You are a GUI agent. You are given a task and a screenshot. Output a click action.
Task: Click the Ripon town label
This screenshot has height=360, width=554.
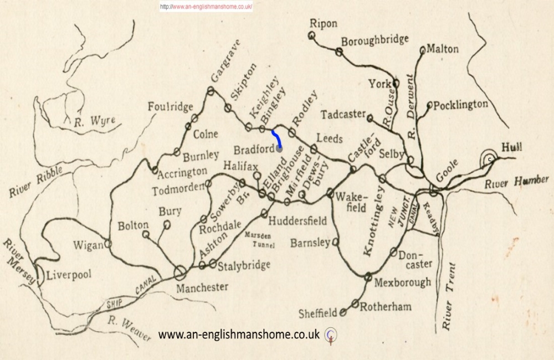click(324, 23)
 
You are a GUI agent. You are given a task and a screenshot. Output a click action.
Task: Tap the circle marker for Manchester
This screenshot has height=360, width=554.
click(179, 272)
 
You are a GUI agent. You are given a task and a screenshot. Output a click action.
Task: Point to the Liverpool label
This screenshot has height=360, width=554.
click(68, 275)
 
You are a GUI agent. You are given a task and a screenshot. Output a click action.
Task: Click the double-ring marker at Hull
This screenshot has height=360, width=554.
click(489, 159)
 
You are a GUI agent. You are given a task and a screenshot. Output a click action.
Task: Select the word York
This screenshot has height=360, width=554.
click(380, 84)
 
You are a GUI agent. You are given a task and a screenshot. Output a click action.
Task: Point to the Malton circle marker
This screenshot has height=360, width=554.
click(423, 50)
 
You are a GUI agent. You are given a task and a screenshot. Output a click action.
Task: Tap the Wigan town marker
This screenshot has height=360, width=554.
click(109, 243)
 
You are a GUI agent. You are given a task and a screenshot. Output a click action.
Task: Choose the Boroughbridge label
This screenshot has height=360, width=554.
click(375, 40)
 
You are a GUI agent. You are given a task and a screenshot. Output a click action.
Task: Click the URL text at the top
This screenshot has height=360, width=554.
click(206, 7)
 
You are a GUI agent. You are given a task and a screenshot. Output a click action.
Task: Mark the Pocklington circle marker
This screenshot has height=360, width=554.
click(429, 105)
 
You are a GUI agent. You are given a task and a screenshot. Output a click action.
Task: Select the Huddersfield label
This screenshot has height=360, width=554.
click(297, 220)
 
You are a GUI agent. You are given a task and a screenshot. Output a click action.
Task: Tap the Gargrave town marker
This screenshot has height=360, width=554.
click(211, 90)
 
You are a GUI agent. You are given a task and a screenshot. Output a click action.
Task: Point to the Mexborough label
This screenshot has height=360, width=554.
click(403, 282)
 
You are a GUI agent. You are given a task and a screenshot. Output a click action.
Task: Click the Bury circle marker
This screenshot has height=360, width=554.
click(167, 224)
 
